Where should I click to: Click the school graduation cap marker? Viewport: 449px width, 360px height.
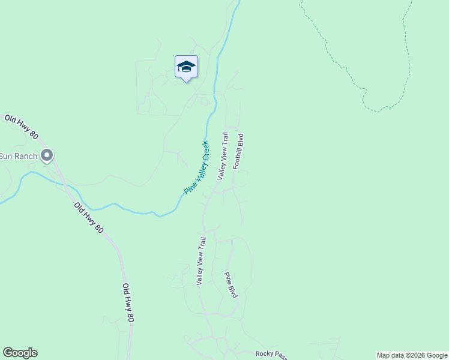(186, 67)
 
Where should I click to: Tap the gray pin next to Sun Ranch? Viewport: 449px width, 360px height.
(47, 155)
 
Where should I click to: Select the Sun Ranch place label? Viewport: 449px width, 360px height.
(19, 156)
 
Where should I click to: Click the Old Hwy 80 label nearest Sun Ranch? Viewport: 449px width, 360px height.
(21, 127)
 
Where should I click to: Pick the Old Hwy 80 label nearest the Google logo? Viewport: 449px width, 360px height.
(128, 303)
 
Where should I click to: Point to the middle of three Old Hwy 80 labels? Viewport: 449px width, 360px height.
(89, 218)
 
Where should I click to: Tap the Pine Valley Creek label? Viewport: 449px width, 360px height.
(196, 167)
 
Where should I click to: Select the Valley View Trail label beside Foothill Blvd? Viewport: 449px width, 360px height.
(223, 156)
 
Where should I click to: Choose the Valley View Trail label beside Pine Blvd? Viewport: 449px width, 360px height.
(202, 260)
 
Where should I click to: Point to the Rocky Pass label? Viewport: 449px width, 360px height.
(272, 354)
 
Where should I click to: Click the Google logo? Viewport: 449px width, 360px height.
(20, 353)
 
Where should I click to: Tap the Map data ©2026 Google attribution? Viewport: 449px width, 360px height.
(412, 355)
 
